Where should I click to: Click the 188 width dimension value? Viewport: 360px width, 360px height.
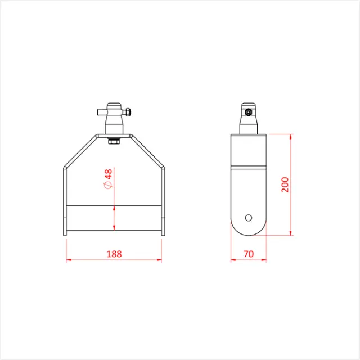[x=114, y=254]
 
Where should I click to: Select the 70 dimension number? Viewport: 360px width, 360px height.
[x=249, y=254]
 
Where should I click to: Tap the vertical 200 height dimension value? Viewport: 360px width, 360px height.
[x=285, y=184]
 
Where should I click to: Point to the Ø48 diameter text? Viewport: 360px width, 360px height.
[x=108, y=178]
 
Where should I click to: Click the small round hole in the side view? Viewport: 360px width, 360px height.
[x=248, y=217]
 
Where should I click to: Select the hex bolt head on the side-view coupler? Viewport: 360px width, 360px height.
[x=248, y=111]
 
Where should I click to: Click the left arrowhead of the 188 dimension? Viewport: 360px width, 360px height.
[x=69, y=260]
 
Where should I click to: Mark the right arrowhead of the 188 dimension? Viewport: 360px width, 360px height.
[x=159, y=260]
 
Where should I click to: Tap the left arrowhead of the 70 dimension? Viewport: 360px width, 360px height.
[x=233, y=260]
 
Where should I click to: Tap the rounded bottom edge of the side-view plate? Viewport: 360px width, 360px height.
[x=248, y=234]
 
